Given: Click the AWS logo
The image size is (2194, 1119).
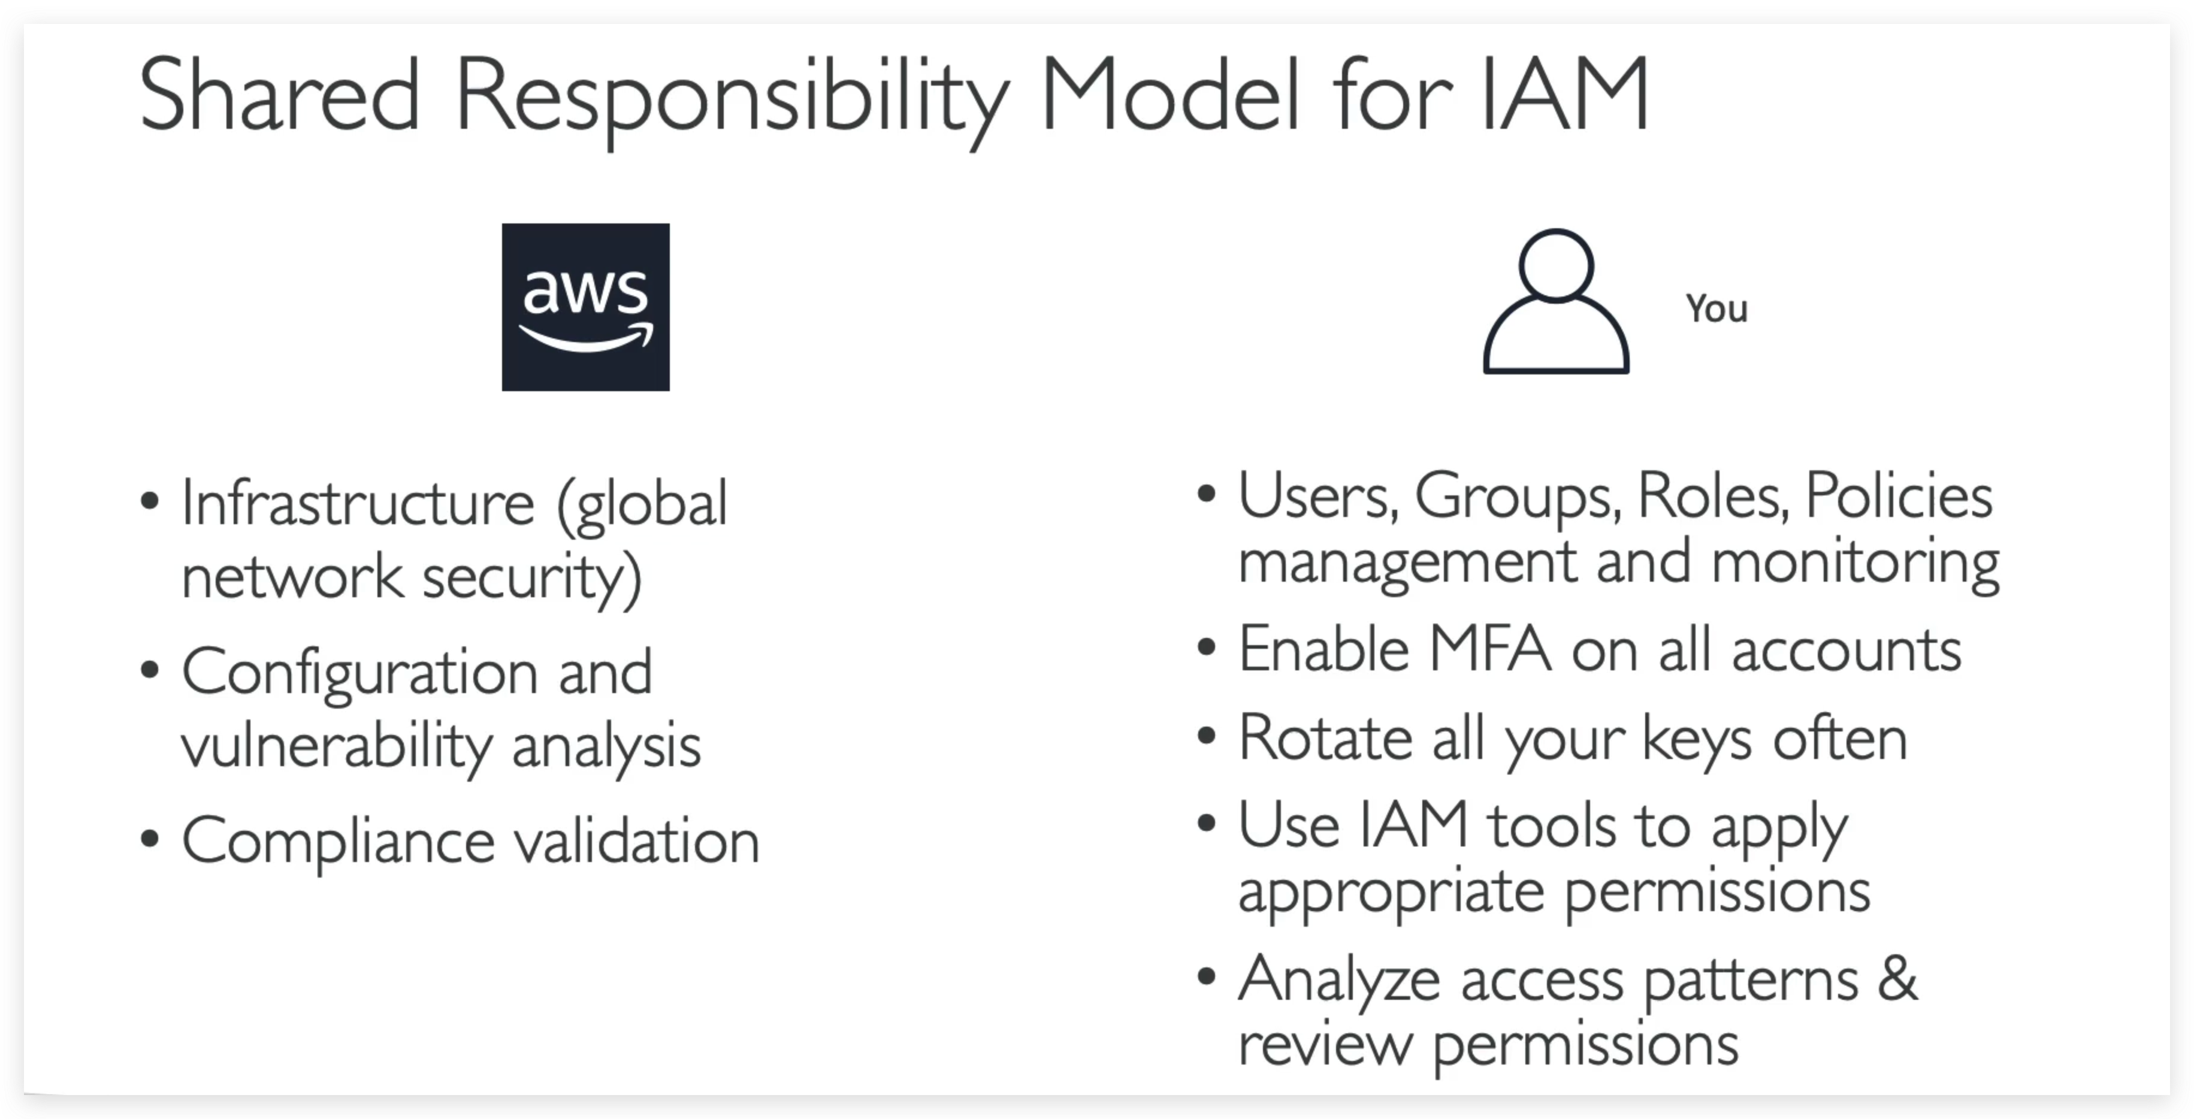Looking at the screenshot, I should pyautogui.click(x=585, y=307).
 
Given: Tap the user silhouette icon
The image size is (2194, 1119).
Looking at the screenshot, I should pyautogui.click(x=1555, y=303).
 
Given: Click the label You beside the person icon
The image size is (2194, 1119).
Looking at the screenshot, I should pyautogui.click(x=1716, y=309).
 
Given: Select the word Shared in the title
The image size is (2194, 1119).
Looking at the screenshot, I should pyautogui.click(x=279, y=95).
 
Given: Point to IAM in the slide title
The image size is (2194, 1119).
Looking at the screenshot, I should pyautogui.click(x=1564, y=95).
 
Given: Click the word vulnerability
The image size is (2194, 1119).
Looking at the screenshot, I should pyautogui.click(x=337, y=746).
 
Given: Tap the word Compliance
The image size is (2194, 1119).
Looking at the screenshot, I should pyautogui.click(x=338, y=842).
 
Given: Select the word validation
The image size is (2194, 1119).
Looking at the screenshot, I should pyautogui.click(x=636, y=842).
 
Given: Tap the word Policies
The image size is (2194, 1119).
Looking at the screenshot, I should pyautogui.click(x=1899, y=495).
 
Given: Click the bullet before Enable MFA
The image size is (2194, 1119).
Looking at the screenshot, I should pyautogui.click(x=1206, y=647).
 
